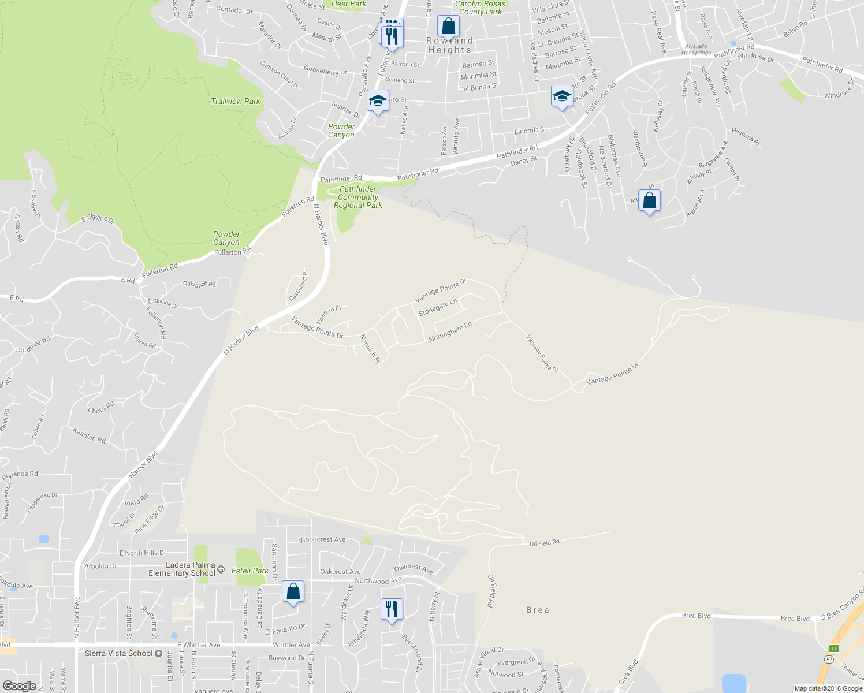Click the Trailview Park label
pos(236,101)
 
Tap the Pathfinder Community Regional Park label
pos(358,197)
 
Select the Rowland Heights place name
pos(450,45)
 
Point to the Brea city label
pos(538,610)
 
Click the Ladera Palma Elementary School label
pos(182,569)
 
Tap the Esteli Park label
pos(250,571)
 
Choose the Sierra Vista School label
pos(119,653)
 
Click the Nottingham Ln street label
pos(450,332)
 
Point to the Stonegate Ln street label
pos(438,307)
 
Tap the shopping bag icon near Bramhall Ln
pos(650,201)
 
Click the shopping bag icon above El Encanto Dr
pos(293,592)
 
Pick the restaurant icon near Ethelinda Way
pos(392,609)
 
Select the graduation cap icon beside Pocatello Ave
pos(378,101)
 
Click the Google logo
pos(20,686)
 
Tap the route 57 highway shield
pos(829,659)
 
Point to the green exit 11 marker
pos(833,649)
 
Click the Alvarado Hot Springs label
pos(696,49)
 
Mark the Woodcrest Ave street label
pos(322,539)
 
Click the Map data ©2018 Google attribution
pos(828,688)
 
